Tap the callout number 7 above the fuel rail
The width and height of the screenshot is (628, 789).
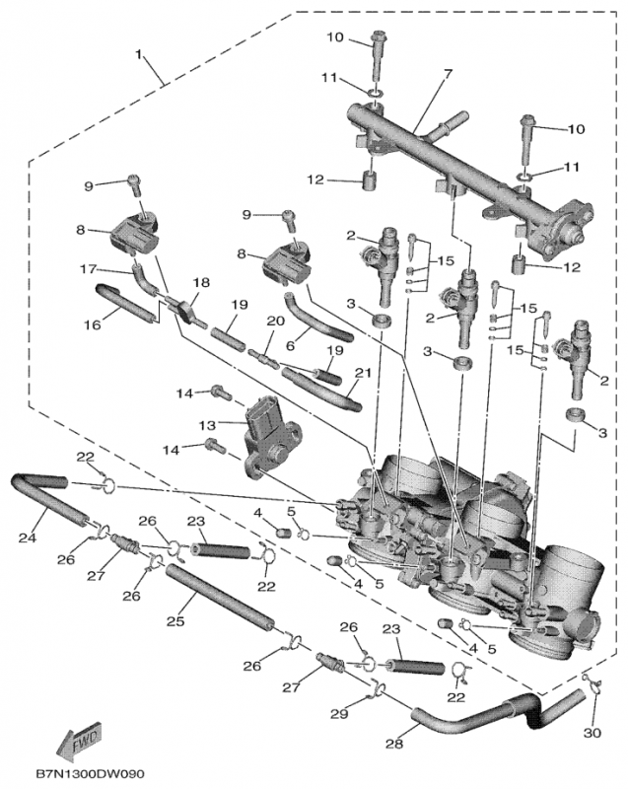tap(448, 75)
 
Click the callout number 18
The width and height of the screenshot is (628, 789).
tap(200, 282)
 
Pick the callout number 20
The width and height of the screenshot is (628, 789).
tap(275, 322)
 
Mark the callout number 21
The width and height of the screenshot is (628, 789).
tap(363, 373)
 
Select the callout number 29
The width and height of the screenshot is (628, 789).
tap(340, 712)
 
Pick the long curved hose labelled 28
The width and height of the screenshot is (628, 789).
tap(473, 724)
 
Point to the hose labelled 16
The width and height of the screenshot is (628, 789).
tap(125, 303)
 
